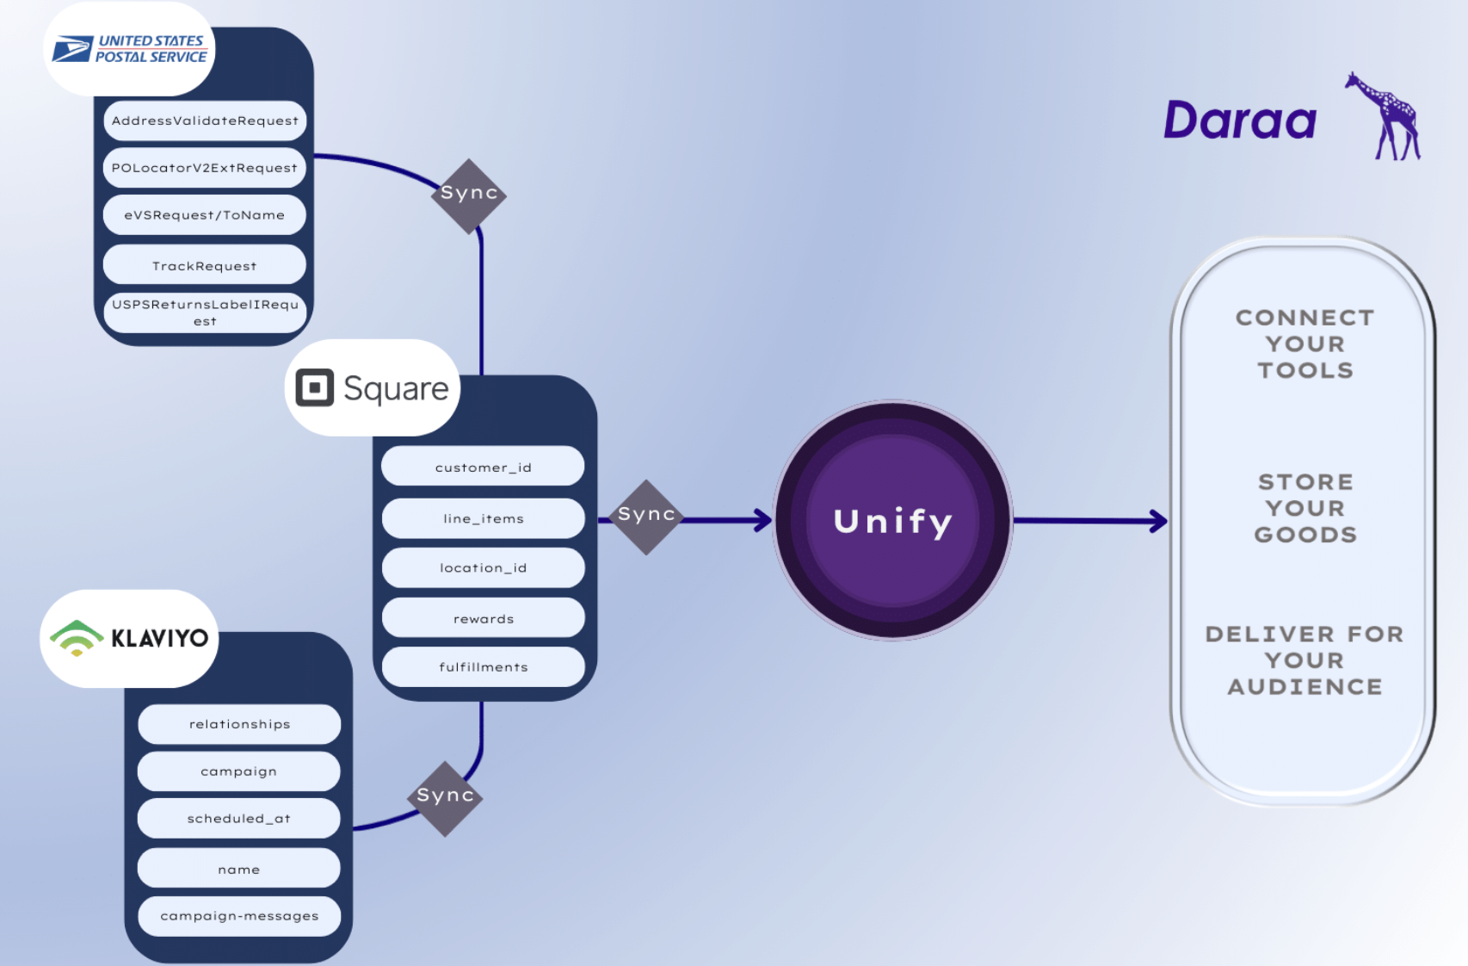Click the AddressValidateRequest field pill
205,121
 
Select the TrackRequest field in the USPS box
205,265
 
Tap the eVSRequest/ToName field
205,215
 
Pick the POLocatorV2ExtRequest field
205,168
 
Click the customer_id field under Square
483,467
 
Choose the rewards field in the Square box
483,618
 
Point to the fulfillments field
483,666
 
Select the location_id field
483,567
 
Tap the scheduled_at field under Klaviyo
239,818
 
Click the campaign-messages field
239,915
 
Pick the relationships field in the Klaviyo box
239,724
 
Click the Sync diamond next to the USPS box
469,195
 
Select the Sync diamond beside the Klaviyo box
445,798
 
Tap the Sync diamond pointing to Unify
646,517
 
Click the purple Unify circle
893,520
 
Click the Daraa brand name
1240,121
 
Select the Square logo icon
315,387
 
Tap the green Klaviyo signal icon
77,637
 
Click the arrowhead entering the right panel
1159,521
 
